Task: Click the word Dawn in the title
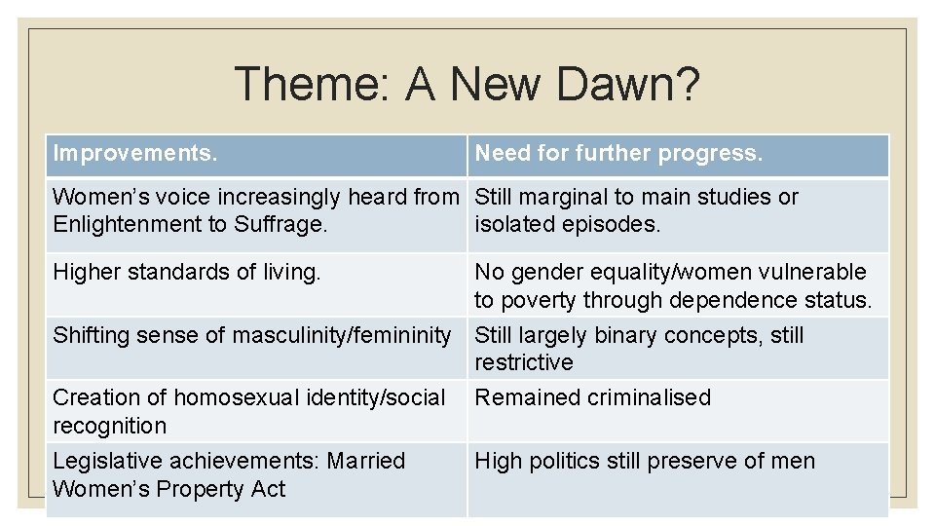pyautogui.click(x=610, y=84)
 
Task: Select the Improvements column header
pyautogui.click(x=135, y=154)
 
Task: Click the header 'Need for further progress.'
pyautogui.click(x=618, y=154)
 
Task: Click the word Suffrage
pyautogui.click(x=281, y=225)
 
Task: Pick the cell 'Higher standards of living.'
pyautogui.click(x=187, y=273)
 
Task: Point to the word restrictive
pyautogui.click(x=524, y=363)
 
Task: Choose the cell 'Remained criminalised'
pyautogui.click(x=592, y=397)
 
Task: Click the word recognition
pyautogui.click(x=109, y=426)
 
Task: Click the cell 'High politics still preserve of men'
pyautogui.click(x=645, y=461)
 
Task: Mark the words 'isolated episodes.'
pyautogui.click(x=567, y=225)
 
